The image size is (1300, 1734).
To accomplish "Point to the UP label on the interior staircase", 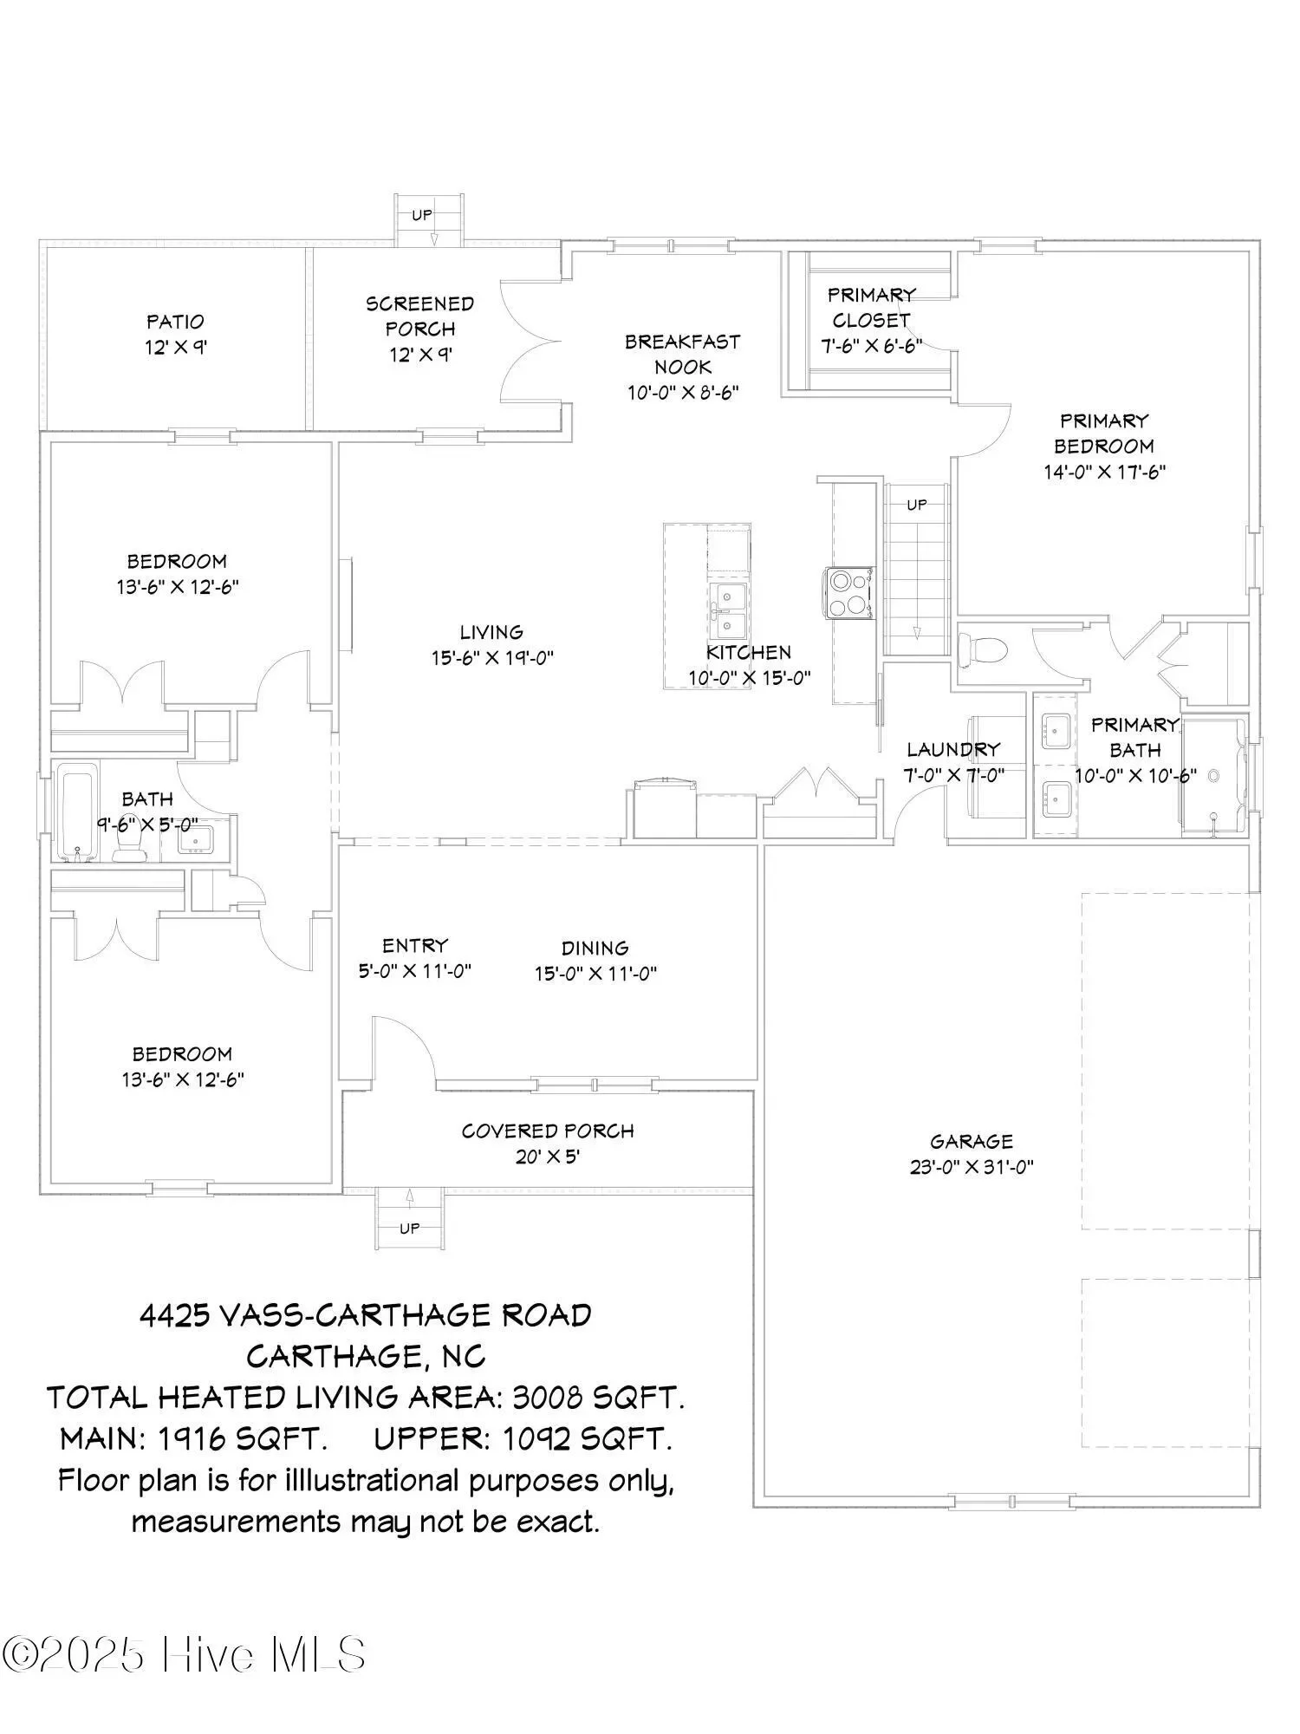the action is coord(917,505).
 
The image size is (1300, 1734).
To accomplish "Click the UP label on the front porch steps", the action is coord(410,1228).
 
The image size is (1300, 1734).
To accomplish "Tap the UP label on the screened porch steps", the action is coord(422,215).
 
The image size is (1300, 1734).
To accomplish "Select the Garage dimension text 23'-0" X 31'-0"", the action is coord(972,1167).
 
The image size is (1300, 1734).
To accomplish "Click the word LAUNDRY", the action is coord(953,749).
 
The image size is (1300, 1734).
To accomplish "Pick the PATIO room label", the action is coord(175,322).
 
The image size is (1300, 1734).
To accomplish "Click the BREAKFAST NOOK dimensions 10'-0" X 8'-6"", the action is coord(683,393).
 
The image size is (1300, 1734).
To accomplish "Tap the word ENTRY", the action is coord(415,945).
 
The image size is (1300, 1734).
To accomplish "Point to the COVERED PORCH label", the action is coord(548,1131).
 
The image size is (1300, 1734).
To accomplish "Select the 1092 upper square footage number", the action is coord(536,1439).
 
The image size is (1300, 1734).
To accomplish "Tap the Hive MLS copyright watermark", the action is coord(183,1654).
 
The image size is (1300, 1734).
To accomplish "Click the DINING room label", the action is coord(595,948).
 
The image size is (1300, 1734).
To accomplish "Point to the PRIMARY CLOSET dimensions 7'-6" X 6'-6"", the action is coord(871,345).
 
